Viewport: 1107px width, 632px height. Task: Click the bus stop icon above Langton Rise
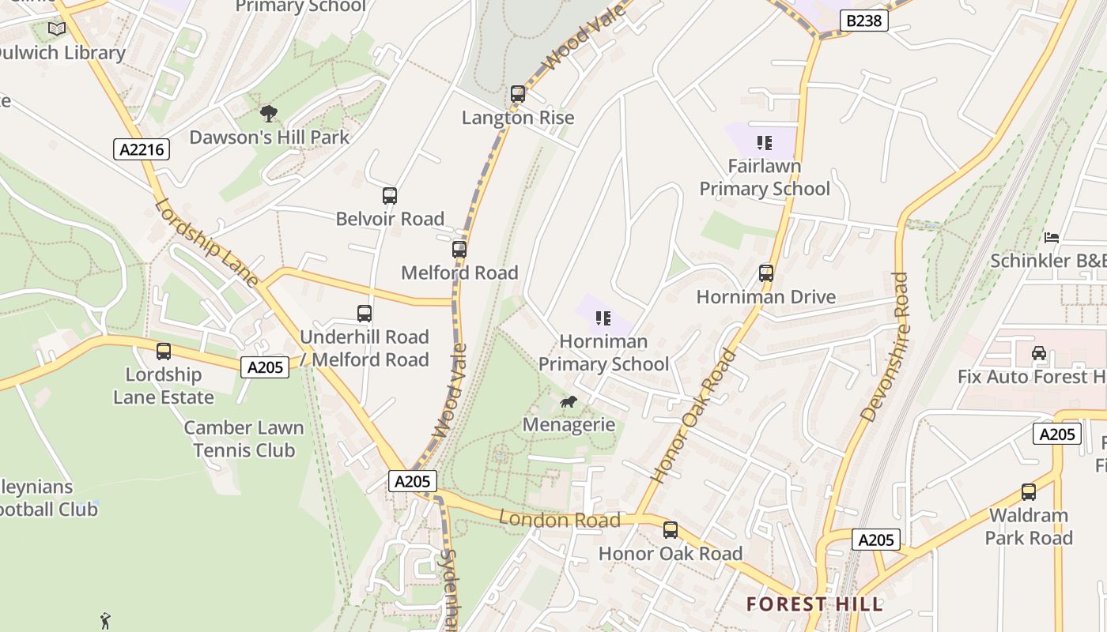click(518, 94)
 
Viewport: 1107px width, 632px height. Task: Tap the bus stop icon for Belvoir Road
click(389, 196)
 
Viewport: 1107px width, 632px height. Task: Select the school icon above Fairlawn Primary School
click(764, 143)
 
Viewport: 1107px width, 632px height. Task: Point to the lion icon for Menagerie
click(568, 402)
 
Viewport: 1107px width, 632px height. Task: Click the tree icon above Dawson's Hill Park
click(269, 114)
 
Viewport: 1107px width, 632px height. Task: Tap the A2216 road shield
click(142, 149)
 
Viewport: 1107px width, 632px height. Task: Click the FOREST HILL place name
click(814, 604)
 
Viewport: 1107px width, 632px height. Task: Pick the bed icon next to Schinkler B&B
click(1051, 237)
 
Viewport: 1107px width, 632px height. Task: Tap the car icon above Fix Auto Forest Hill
click(1039, 353)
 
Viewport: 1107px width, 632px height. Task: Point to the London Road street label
click(560, 519)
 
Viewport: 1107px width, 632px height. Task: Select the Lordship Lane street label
click(206, 242)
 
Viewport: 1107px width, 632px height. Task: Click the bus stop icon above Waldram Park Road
click(1028, 492)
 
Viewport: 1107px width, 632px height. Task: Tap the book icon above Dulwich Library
click(57, 29)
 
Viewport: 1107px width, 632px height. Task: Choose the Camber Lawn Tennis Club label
click(244, 439)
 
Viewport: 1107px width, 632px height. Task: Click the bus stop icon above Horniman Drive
click(765, 273)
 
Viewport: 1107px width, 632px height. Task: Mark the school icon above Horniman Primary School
click(603, 318)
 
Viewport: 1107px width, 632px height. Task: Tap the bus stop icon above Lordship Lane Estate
click(164, 352)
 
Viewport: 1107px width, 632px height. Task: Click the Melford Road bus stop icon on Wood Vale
click(459, 250)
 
